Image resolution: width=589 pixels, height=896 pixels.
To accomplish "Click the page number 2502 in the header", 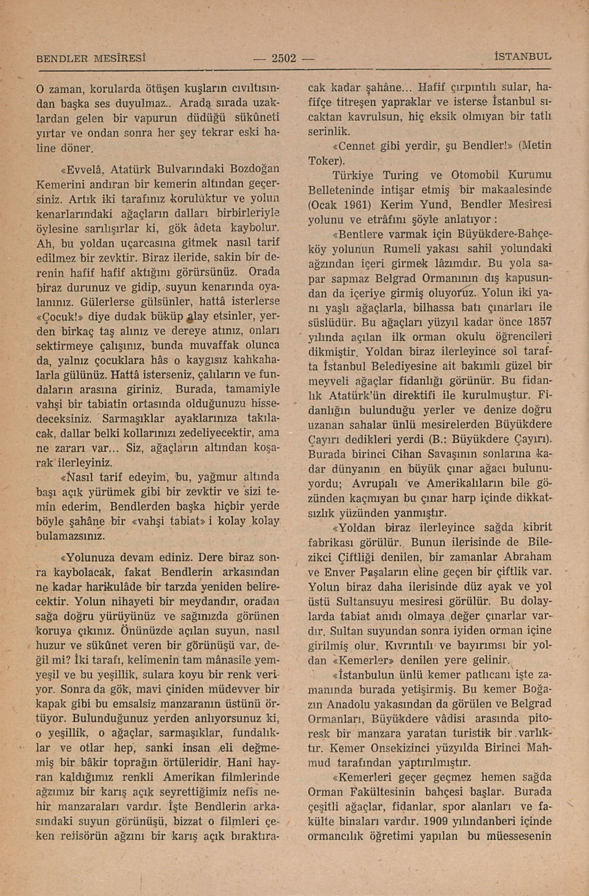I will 284,59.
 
